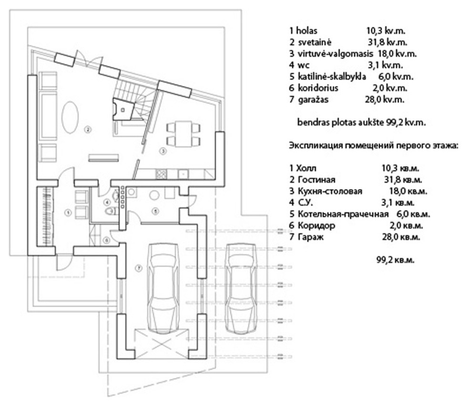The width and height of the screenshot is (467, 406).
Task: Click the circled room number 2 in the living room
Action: pyautogui.click(x=88, y=130)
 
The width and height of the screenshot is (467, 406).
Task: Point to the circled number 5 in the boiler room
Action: pyautogui.click(x=155, y=211)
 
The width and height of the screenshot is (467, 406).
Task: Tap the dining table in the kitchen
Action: pyautogui.click(x=183, y=134)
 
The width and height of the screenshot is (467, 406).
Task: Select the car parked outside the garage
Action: pyautogui.click(x=241, y=288)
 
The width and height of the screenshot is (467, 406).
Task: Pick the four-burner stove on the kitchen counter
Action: pyautogui.click(x=161, y=174)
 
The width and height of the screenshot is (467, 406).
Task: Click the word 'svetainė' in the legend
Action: pyautogui.click(x=314, y=42)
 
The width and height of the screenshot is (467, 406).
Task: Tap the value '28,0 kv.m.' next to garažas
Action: pyautogui.click(x=385, y=100)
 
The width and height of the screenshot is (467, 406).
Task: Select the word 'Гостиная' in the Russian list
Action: pyautogui.click(x=316, y=180)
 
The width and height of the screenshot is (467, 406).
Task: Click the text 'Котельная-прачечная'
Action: pyautogui.click(x=343, y=214)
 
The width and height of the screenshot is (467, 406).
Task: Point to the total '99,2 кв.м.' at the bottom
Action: pyautogui.click(x=396, y=260)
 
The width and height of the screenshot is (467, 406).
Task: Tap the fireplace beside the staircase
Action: pyautogui.click(x=122, y=109)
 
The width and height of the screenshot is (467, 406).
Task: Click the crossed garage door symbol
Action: pyautogui.click(x=162, y=344)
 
